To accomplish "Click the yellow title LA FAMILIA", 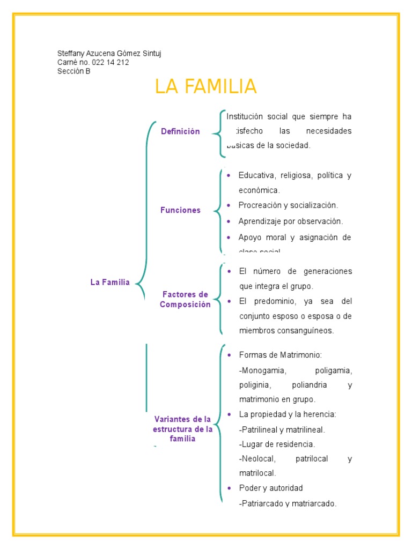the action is pyautogui.click(x=206, y=87).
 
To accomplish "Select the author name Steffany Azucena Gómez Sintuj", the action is pyautogui.click(x=109, y=54).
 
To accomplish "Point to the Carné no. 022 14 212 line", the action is pyautogui.click(x=93, y=62).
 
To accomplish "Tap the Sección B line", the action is pyautogui.click(x=74, y=71).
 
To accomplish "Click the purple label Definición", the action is pyautogui.click(x=180, y=131).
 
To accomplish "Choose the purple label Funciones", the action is pyautogui.click(x=180, y=210).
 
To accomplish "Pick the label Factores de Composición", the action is pyautogui.click(x=185, y=300).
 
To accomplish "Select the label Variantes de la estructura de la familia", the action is pyautogui.click(x=182, y=429).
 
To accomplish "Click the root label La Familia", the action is pyautogui.click(x=110, y=283).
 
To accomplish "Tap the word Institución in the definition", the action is pyautogui.click(x=245, y=116).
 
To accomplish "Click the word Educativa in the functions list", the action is pyautogui.click(x=255, y=175).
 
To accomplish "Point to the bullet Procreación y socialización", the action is pyautogui.click(x=288, y=205).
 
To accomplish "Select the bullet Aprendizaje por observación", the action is pyautogui.click(x=290, y=221).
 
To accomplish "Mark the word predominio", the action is pyautogui.click(x=270, y=301).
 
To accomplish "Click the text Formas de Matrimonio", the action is pyautogui.click(x=280, y=355).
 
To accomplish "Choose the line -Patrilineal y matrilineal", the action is pyautogui.click(x=282, y=429).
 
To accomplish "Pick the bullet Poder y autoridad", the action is pyautogui.click(x=271, y=488).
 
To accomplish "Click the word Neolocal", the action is pyautogui.click(x=257, y=459).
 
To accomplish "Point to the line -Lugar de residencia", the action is pyautogui.click(x=277, y=444).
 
